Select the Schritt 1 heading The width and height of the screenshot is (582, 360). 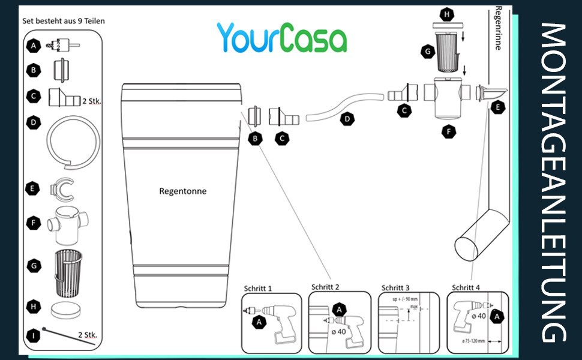click(x=258, y=288)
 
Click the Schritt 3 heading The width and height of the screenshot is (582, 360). click(x=395, y=287)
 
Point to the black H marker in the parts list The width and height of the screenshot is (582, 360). click(x=34, y=307)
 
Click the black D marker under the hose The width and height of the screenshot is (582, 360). click(x=347, y=119)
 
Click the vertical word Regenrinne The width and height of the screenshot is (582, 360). click(x=497, y=29)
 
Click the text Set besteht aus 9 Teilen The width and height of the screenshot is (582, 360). click(x=64, y=21)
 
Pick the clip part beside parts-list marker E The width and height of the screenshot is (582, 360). click(x=62, y=189)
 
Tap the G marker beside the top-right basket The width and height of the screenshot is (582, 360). click(x=428, y=52)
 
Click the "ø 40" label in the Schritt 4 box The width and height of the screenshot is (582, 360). click(x=479, y=316)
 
